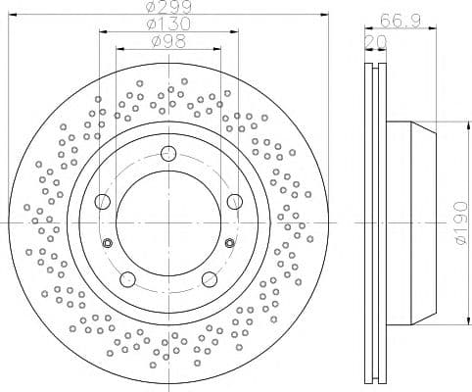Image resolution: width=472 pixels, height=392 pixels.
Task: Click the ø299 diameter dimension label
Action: [x=169, y=7]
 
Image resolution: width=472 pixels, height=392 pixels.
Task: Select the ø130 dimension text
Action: [x=168, y=24]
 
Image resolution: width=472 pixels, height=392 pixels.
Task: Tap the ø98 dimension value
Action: [x=168, y=41]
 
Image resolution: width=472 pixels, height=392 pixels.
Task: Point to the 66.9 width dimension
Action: [x=400, y=22]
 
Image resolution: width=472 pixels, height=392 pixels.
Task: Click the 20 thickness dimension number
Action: [x=375, y=42]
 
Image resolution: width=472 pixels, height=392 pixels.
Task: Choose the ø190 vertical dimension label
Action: [x=462, y=223]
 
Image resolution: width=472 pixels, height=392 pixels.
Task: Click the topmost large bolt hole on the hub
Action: [x=168, y=154]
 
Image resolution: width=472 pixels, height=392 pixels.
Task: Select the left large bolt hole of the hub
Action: [x=103, y=201]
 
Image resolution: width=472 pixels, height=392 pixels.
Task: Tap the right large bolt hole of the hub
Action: [x=235, y=201]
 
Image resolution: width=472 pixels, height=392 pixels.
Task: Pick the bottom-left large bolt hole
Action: [x=127, y=279]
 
